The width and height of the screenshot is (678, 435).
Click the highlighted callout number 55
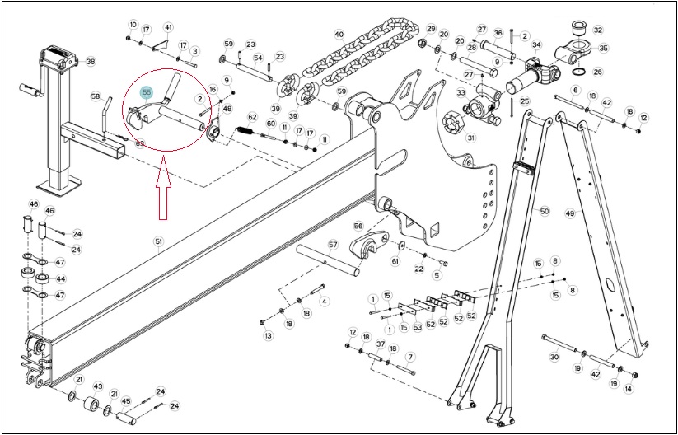coord(147,92)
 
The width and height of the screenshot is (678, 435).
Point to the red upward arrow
coord(163,189)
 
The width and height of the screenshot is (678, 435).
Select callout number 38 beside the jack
coord(90,62)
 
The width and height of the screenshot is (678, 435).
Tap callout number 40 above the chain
coord(339,34)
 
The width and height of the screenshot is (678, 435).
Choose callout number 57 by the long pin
coord(333,245)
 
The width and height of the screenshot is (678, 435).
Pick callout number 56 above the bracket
coord(358,226)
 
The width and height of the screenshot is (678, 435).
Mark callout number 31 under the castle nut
coord(470,138)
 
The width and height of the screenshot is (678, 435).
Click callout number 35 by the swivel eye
coord(602,48)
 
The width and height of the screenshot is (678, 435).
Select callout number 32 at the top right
coord(597,30)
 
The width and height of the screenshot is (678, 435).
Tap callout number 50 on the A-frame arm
coord(545,211)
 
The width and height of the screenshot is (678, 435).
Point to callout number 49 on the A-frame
coord(570,213)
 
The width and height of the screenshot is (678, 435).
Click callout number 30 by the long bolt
coord(554,358)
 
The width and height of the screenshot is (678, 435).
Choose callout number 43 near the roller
coord(98,386)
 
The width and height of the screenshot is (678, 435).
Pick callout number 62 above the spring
coord(252,117)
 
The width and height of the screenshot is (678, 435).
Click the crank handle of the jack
coord(31,91)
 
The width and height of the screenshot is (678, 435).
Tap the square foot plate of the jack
coord(59,186)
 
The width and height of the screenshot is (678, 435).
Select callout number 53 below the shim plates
coord(418,327)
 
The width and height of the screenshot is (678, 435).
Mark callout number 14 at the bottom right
coord(629,389)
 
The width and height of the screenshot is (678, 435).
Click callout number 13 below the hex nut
coord(269,336)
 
